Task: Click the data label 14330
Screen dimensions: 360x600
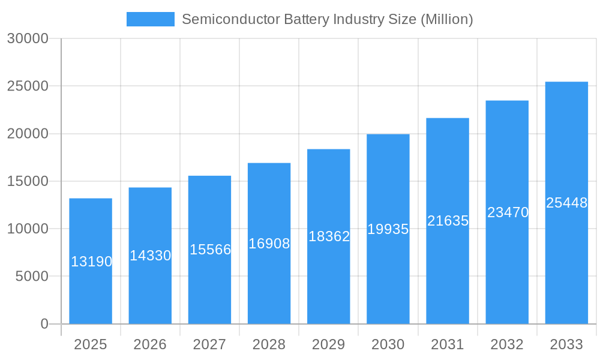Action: coord(151,256)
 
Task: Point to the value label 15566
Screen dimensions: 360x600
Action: coord(211,250)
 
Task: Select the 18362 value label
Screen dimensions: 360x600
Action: coord(329,236)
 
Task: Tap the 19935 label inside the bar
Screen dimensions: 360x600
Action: coord(388,229)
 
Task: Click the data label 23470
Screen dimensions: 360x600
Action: coord(508,212)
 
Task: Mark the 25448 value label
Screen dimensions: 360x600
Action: coord(566,203)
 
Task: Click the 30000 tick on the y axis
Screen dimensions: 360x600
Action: coord(27,38)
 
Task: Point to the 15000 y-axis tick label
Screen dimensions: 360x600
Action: coord(27,181)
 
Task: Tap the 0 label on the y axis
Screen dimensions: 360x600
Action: coord(44,324)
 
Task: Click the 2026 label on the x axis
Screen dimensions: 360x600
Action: coord(150,344)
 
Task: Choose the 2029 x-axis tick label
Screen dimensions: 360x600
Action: coord(329,344)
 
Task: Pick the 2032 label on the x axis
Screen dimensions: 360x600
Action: coord(507,344)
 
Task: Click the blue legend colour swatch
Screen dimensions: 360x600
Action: coord(151,19)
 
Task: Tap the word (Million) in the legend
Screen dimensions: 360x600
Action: coord(446,19)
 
